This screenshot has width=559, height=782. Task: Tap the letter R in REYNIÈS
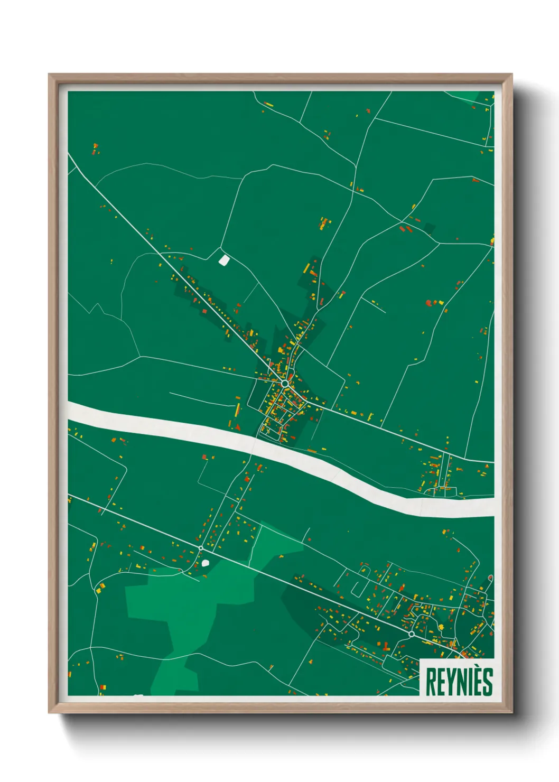[431, 682]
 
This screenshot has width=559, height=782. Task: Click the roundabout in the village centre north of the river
[285, 383]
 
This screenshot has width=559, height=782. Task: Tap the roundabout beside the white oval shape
[201, 548]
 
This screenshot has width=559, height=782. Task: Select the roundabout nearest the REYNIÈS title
[411, 634]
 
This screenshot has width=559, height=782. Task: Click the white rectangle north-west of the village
[224, 260]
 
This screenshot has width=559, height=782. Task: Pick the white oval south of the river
[206, 563]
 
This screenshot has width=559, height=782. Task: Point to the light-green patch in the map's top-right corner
[470, 96]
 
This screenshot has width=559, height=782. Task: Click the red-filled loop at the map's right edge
[490, 578]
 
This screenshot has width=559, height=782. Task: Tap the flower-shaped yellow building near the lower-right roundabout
[441, 627]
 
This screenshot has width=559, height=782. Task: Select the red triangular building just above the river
[238, 427]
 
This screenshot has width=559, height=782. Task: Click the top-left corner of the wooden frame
[50, 75]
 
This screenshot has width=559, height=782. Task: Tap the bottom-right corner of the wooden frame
[511, 712]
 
